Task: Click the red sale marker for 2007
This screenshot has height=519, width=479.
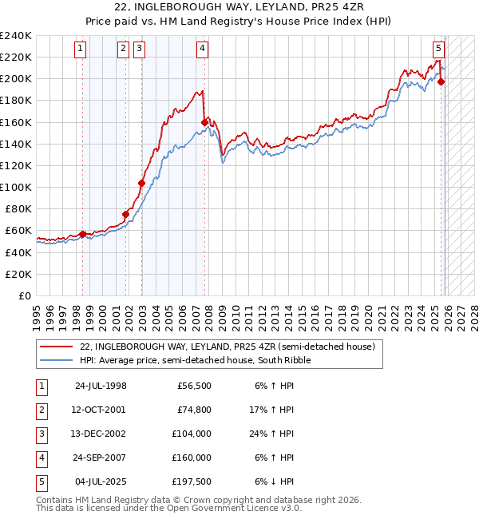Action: click(205, 122)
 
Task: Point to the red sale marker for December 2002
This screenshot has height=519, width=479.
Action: click(141, 183)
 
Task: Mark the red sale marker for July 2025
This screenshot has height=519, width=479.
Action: click(441, 81)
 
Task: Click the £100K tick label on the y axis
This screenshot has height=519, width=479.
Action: click(16, 187)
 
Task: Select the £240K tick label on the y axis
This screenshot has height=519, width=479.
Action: click(16, 35)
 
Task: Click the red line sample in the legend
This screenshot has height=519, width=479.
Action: click(57, 347)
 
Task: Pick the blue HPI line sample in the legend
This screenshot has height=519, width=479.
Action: click(57, 360)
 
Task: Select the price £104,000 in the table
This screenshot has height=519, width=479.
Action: click(192, 434)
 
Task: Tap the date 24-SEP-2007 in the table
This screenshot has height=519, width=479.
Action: click(101, 458)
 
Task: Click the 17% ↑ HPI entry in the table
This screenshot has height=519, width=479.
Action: click(274, 410)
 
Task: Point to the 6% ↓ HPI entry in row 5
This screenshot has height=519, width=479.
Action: click(274, 481)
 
